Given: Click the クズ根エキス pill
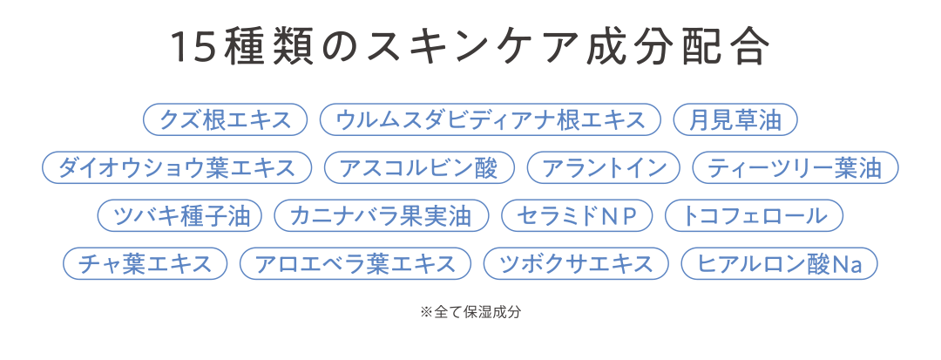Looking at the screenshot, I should (225, 120).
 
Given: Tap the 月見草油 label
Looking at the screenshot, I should (736, 120).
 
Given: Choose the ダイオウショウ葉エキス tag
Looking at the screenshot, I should (177, 168).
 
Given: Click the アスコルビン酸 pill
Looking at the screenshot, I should (419, 168).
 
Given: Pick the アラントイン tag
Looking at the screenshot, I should (603, 168).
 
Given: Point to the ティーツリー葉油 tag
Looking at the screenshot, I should (795, 168).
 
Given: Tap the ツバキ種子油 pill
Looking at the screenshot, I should (179, 216).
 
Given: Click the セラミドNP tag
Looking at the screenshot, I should (577, 216).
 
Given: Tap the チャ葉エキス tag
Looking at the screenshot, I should (146, 264).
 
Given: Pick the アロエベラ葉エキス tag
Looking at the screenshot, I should (355, 264).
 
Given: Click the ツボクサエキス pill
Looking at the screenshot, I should (575, 264).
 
